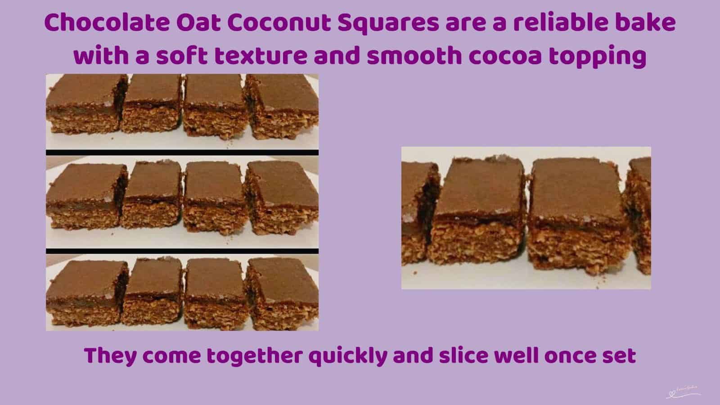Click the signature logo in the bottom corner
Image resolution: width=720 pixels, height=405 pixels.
point(683,393)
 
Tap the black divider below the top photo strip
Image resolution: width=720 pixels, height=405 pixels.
point(182,153)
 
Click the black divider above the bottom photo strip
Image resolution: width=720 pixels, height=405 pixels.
point(182,251)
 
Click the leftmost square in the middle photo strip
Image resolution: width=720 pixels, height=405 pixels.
point(85,198)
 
